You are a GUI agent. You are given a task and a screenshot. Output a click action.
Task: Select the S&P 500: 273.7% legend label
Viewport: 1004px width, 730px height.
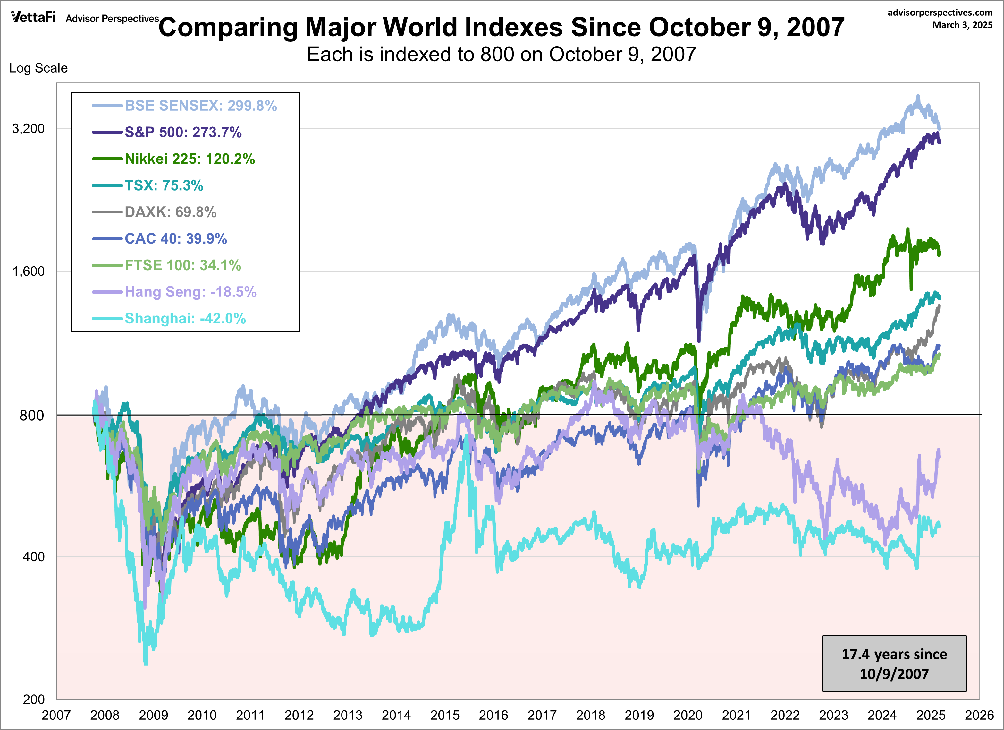click(183, 132)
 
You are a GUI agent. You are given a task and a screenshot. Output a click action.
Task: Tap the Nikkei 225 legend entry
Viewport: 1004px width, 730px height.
click(190, 159)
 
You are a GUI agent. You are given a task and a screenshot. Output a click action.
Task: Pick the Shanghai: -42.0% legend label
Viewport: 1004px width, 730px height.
click(185, 318)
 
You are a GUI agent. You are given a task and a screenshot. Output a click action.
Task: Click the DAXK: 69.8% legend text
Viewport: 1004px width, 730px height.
click(170, 212)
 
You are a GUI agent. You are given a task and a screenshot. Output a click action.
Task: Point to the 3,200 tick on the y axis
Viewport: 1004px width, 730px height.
click(28, 128)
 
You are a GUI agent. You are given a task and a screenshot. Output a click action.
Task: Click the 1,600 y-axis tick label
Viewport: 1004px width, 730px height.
click(28, 271)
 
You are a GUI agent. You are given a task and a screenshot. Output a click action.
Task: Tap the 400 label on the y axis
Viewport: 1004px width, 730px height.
click(34, 556)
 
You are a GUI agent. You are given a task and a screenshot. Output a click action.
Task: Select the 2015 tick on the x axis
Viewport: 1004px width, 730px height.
click(445, 715)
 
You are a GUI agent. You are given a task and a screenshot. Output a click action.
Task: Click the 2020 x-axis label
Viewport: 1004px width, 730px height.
click(688, 715)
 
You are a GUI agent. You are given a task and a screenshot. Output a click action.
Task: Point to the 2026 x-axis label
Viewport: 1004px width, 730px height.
click(979, 715)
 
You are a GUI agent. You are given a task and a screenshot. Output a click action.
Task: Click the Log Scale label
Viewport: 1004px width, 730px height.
click(38, 68)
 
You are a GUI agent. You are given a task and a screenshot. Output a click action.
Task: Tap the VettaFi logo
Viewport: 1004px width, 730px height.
click(33, 17)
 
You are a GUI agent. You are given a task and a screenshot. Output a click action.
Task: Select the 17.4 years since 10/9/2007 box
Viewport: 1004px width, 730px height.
click(894, 663)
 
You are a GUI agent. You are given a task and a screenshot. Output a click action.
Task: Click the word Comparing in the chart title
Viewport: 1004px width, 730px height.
click(228, 28)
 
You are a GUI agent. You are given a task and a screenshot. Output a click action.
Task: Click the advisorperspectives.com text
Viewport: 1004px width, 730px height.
click(940, 13)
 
